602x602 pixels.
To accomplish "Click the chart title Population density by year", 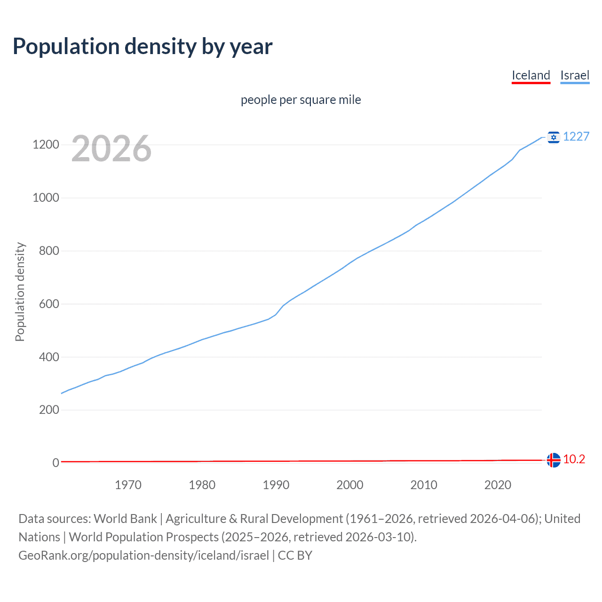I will (143, 47).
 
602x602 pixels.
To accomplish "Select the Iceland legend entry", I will (531, 75).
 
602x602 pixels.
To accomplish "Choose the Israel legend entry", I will (575, 75).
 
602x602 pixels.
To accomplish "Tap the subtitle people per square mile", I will (301, 100).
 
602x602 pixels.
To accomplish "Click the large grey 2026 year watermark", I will (111, 149).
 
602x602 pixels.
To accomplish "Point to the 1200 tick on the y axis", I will (46, 145).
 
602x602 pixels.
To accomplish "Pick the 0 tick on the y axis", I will (55, 463).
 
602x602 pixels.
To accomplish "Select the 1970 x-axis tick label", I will (128, 485).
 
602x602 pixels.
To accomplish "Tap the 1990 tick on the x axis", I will (276, 485).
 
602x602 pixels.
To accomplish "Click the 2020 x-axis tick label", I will (498, 485).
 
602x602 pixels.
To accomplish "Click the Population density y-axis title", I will (20, 292).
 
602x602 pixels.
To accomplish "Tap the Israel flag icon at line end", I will (554, 137).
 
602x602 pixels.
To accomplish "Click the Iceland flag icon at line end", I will (554, 460).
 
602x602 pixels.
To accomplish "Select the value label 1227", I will (576, 136).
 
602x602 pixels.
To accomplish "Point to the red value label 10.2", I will (574, 459).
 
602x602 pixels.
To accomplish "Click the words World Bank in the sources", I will (125, 519).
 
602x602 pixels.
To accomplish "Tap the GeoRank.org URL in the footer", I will (143, 555).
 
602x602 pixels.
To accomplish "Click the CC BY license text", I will (295, 555).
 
